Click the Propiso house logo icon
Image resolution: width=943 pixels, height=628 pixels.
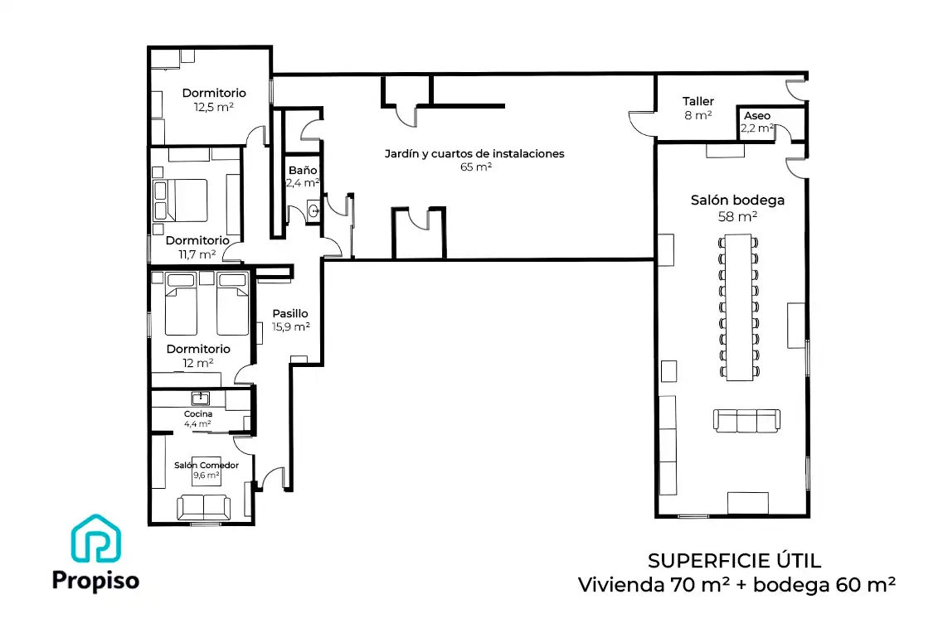pyautogui.click(x=96, y=539)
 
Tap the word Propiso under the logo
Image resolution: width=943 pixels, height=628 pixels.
pyautogui.click(x=95, y=581)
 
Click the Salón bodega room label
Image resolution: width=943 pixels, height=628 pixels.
pyautogui.click(x=737, y=200)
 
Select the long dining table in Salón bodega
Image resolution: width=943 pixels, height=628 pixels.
pyautogui.click(x=738, y=307)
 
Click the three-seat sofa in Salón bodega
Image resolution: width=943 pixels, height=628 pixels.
pyautogui.click(x=747, y=421)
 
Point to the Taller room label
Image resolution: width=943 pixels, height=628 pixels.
pyautogui.click(x=698, y=101)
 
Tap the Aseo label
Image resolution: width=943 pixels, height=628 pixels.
pyautogui.click(x=757, y=116)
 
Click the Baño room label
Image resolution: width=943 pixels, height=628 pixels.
pyautogui.click(x=303, y=170)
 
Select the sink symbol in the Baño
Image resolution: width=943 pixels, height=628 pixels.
pyautogui.click(x=314, y=210)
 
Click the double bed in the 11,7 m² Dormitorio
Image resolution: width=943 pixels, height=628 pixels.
pyautogui.click(x=181, y=200)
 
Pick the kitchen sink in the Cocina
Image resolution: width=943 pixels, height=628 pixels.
pyautogui.click(x=200, y=398)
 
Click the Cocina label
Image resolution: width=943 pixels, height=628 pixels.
pyautogui.click(x=198, y=413)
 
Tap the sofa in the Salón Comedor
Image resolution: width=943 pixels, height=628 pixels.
pyautogui.click(x=203, y=507)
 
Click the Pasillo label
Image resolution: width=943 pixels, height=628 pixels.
pyautogui.click(x=290, y=313)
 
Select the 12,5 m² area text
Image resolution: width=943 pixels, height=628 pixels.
pyautogui.click(x=213, y=107)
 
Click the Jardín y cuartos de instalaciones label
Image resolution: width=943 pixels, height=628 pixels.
pyautogui.click(x=474, y=154)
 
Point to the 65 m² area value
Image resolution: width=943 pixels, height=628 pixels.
pyautogui.click(x=476, y=167)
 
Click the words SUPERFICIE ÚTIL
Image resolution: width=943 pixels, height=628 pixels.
pyautogui.click(x=734, y=561)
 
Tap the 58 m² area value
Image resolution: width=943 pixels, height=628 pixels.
pyautogui.click(x=737, y=216)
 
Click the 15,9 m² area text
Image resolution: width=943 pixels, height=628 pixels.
pyautogui.click(x=290, y=327)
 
